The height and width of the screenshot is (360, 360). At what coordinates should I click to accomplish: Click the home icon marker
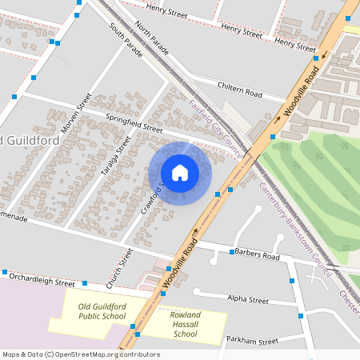click(180, 173)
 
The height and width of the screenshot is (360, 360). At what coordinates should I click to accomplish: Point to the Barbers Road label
click(258, 256)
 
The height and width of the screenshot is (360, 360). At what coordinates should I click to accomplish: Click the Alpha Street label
click(248, 300)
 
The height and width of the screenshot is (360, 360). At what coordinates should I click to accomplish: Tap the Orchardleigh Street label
click(41, 279)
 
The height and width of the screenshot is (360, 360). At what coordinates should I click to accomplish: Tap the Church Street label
click(119, 269)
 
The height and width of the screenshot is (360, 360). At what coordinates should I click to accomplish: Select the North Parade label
click(152, 38)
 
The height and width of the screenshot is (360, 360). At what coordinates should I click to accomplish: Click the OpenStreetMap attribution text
click(80, 354)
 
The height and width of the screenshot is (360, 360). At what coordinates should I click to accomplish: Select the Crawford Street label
click(155, 194)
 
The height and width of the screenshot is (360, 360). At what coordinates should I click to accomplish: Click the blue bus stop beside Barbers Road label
click(232, 252)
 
